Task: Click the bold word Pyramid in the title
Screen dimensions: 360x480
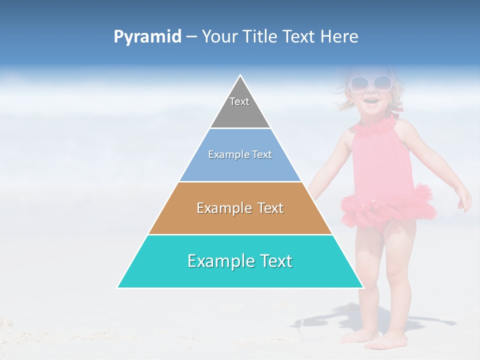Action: point(147,37)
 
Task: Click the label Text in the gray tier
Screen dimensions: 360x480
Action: point(239,101)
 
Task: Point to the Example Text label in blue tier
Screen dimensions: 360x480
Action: point(240,154)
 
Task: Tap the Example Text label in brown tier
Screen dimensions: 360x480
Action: point(240,208)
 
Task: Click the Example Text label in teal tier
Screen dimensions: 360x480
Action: point(240,261)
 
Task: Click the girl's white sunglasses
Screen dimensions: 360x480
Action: point(370,82)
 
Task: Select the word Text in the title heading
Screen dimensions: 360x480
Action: point(300,37)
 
